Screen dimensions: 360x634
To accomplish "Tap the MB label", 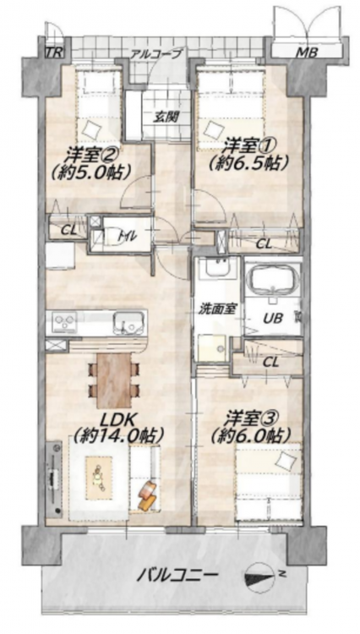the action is [308, 52].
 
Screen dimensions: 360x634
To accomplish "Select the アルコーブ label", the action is [157, 53].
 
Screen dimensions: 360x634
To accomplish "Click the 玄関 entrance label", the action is [166, 118].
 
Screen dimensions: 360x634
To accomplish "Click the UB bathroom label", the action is [273, 318].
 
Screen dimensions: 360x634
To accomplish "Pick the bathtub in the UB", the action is [273, 281].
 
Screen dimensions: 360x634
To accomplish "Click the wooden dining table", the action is [114, 380].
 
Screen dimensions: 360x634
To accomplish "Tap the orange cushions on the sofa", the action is [147, 495].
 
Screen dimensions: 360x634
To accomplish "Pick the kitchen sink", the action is [128, 322].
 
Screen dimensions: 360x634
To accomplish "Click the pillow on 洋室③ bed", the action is [286, 461].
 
